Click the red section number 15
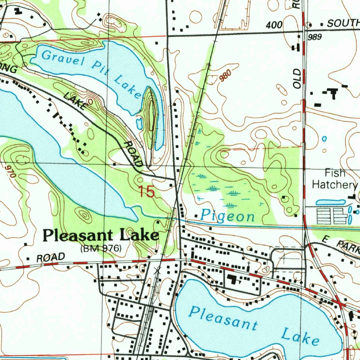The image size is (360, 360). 146,192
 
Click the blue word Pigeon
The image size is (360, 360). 227,216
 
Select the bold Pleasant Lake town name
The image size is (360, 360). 101,235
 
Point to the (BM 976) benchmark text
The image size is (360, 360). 101,249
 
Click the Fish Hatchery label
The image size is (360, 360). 335,179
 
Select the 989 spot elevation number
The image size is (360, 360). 315,37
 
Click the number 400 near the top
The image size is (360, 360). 274,25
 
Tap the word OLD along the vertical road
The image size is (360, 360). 297,78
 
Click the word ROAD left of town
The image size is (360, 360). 51,257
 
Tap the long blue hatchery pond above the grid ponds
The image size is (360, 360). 330,202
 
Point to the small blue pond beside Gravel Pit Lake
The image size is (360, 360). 139,123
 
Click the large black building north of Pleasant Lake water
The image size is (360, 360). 232,280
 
